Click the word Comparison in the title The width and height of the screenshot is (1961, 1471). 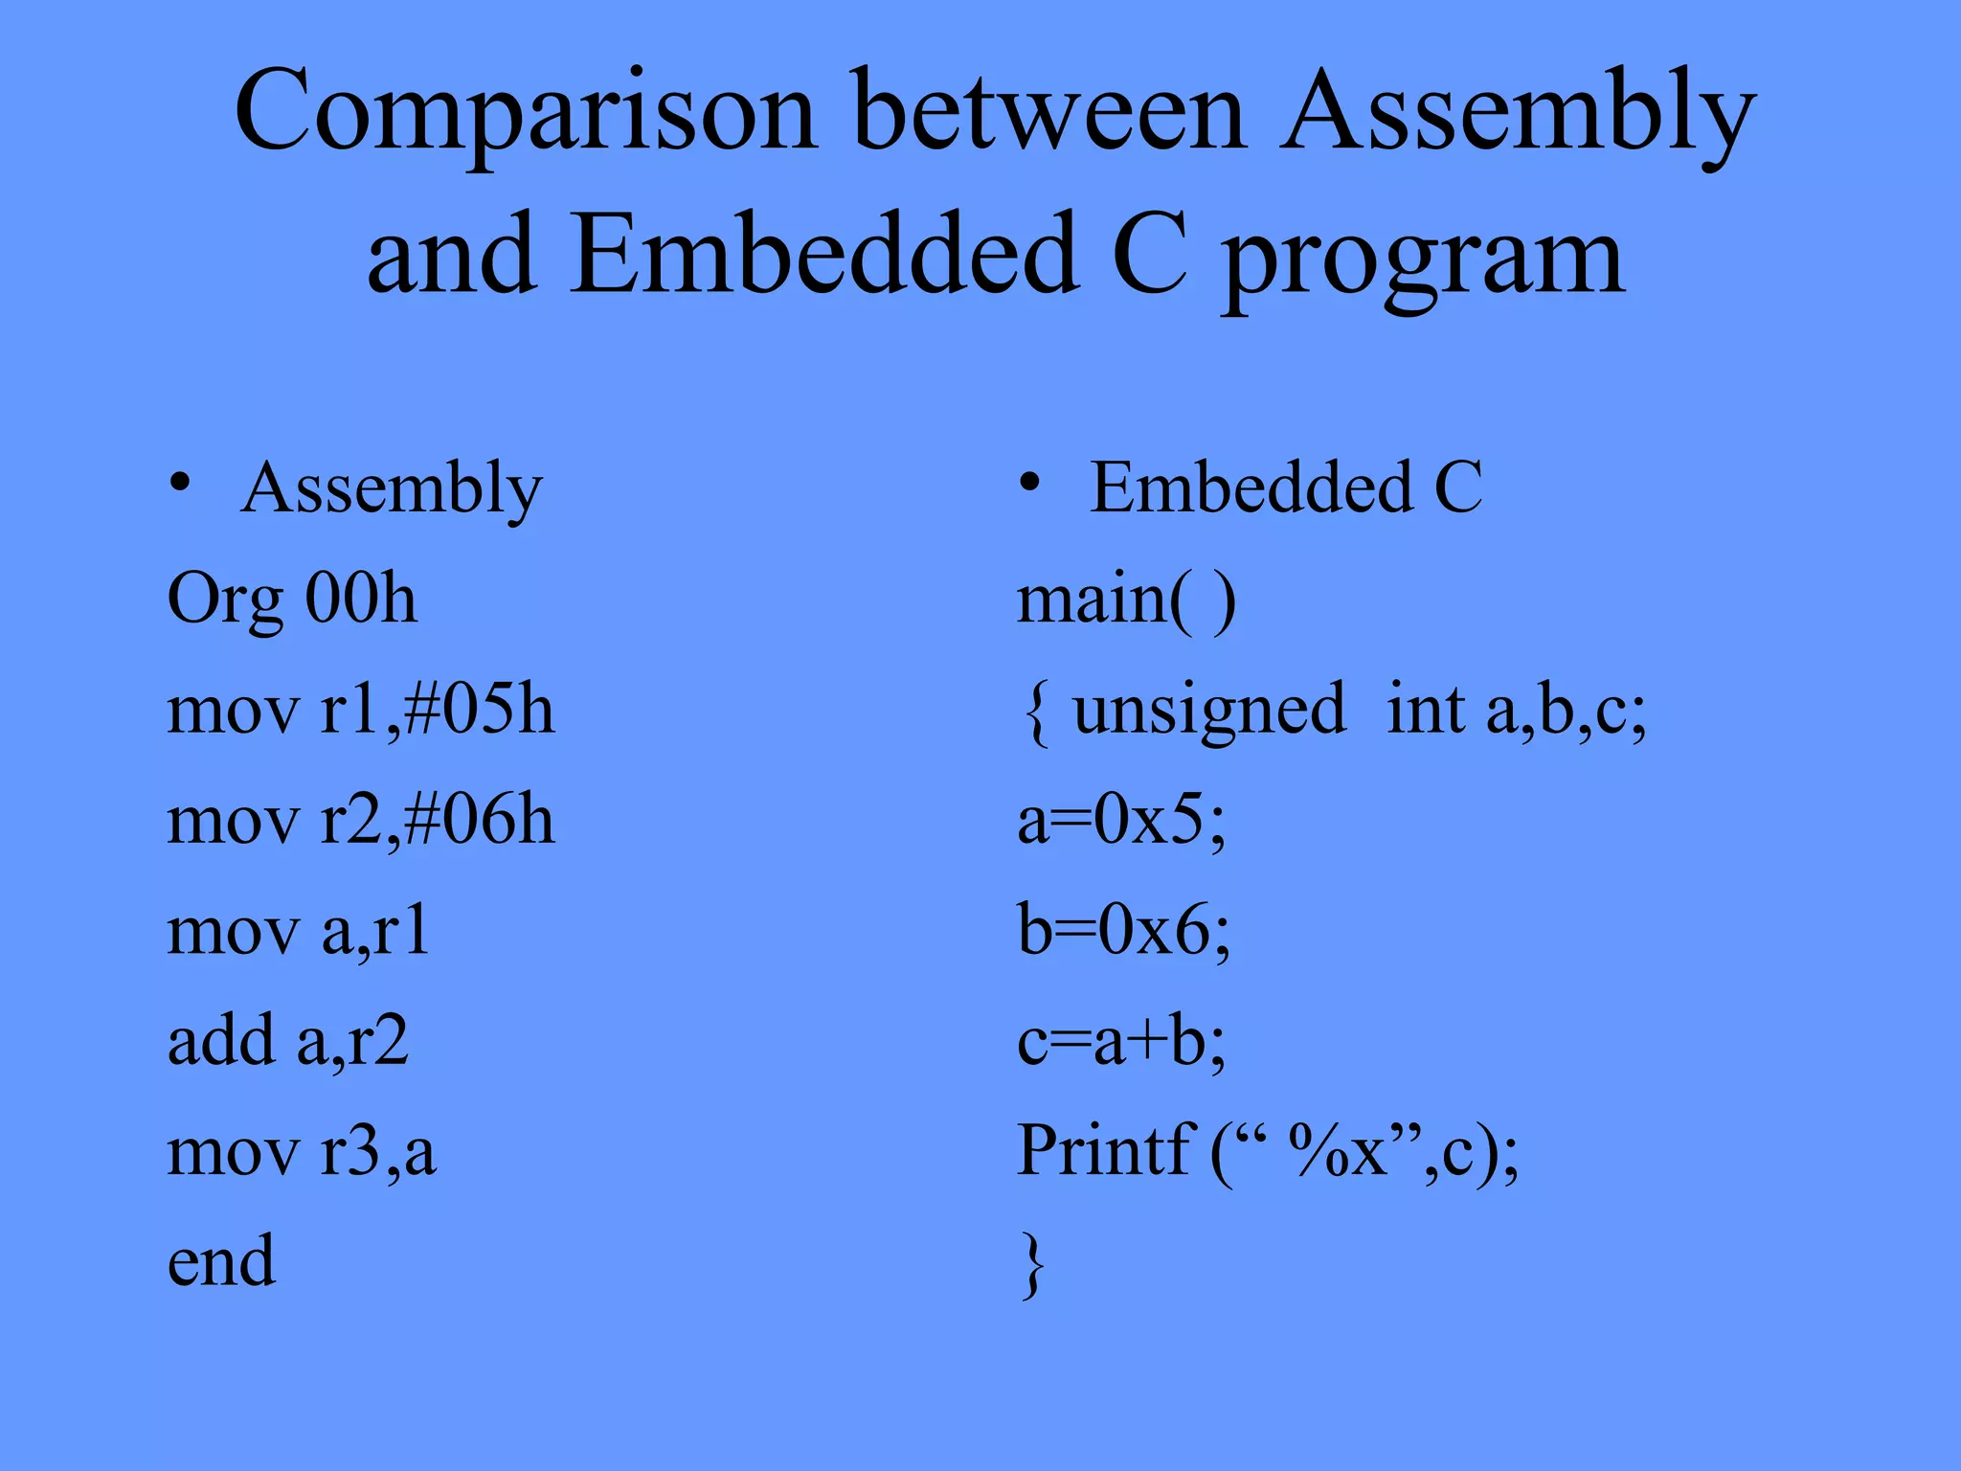point(526,113)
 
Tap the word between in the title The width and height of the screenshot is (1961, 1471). point(1049,113)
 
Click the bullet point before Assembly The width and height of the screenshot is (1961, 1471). point(180,482)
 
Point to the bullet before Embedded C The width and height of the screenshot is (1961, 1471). point(1029,482)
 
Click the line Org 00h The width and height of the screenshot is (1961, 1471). point(292,599)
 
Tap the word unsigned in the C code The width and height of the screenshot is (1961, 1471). point(1208,712)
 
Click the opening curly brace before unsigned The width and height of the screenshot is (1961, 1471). point(1035,713)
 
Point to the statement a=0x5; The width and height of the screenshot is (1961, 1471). point(1121,821)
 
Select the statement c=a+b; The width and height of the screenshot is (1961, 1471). point(1121,1041)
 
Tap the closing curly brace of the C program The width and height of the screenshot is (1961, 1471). point(1031,1265)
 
